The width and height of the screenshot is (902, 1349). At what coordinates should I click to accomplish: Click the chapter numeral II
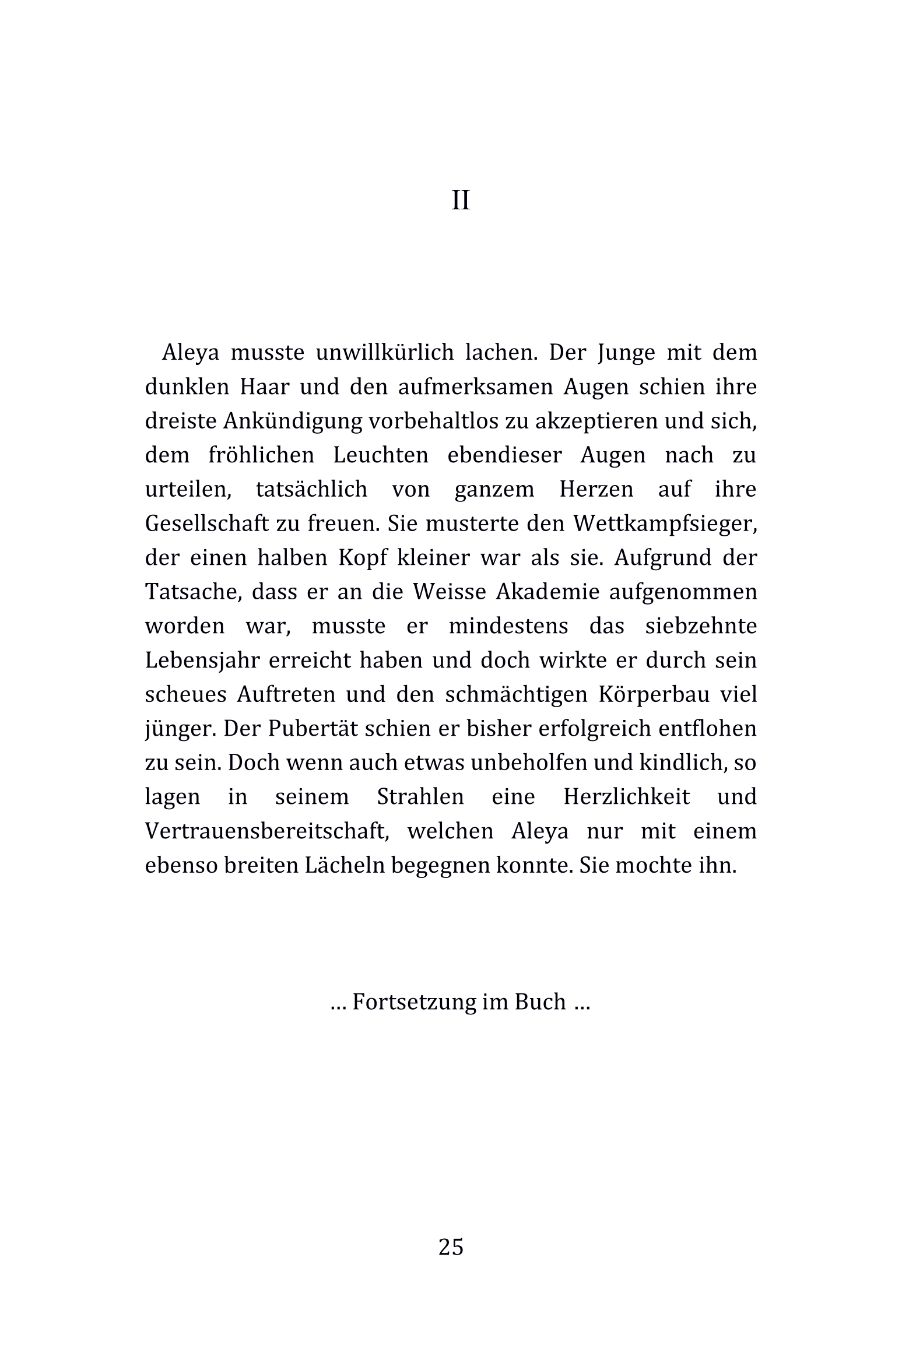point(460,201)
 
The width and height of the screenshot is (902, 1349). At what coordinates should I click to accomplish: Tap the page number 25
point(451,1247)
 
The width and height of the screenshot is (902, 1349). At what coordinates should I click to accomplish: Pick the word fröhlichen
point(261,455)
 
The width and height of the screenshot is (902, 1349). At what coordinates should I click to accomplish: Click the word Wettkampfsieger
point(664,524)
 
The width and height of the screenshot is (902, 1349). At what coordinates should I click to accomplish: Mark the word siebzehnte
point(701,626)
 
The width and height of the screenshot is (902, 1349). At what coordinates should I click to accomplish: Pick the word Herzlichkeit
point(627,797)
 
